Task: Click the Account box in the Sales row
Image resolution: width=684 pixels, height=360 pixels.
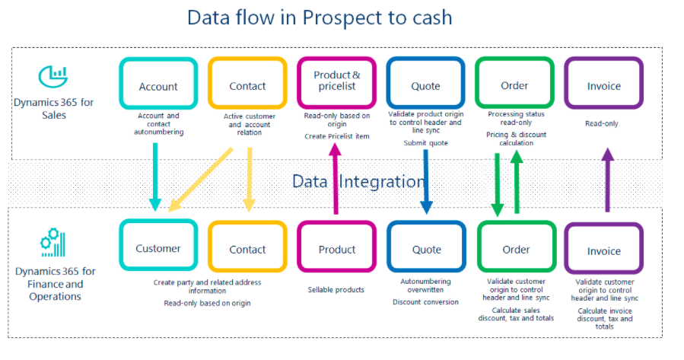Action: coord(158,86)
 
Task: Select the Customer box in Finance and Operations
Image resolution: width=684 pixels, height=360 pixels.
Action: coord(158,248)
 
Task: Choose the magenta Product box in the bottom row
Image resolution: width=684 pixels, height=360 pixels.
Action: coord(336,249)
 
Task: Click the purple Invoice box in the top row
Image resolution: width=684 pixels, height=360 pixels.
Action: coord(603,86)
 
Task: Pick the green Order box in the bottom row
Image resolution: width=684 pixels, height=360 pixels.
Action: coord(516,249)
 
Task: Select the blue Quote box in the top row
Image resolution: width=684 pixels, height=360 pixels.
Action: coord(425,86)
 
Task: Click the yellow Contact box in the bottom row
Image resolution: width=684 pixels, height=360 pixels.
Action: coord(247,249)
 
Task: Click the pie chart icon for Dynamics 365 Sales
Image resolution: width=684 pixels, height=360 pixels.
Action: coord(52,77)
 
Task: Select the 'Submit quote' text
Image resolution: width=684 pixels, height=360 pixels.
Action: coord(425,143)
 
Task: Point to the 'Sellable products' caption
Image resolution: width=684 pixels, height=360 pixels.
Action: coord(336,290)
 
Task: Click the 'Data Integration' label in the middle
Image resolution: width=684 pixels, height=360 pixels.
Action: coord(358,181)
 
